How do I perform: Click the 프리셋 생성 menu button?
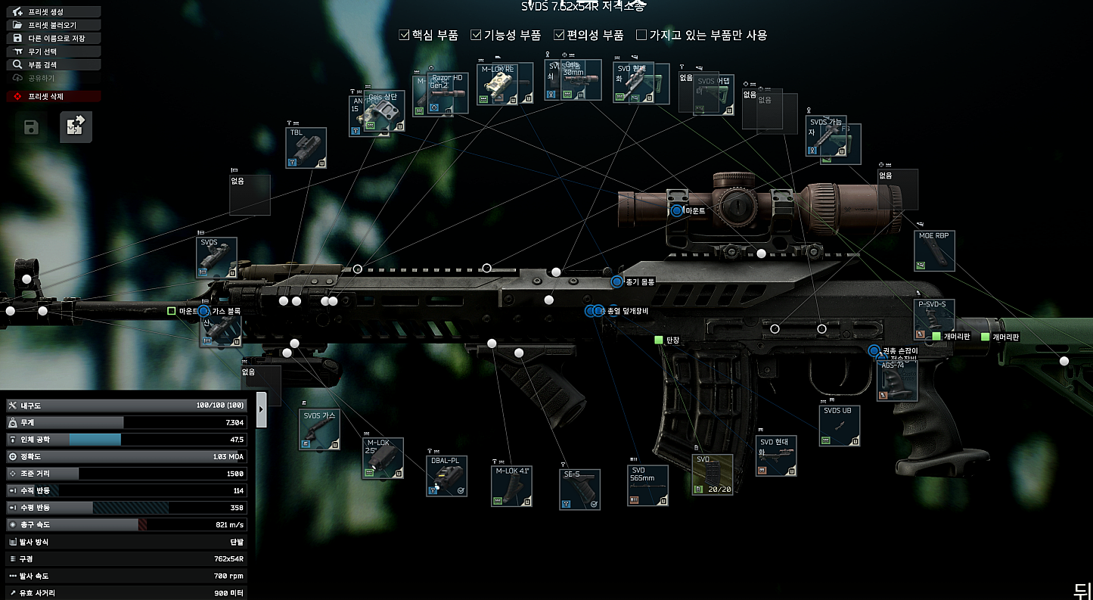tap(53, 12)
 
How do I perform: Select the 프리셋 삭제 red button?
tap(53, 96)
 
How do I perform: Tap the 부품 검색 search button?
tap(53, 65)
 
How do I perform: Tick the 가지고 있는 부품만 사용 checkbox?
tap(641, 35)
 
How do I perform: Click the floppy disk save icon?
tap(31, 127)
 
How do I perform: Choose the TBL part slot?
tap(306, 148)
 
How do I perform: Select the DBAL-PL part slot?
tap(446, 476)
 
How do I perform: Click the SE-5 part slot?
tap(580, 490)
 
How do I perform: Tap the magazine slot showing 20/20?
tap(713, 474)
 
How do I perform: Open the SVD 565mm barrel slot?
tap(647, 486)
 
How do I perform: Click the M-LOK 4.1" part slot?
tap(511, 486)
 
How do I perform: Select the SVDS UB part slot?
tap(840, 426)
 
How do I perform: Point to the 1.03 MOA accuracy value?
tap(228, 457)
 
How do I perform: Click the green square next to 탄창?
tap(658, 340)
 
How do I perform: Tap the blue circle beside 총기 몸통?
tap(616, 281)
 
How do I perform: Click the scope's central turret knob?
tap(734, 204)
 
